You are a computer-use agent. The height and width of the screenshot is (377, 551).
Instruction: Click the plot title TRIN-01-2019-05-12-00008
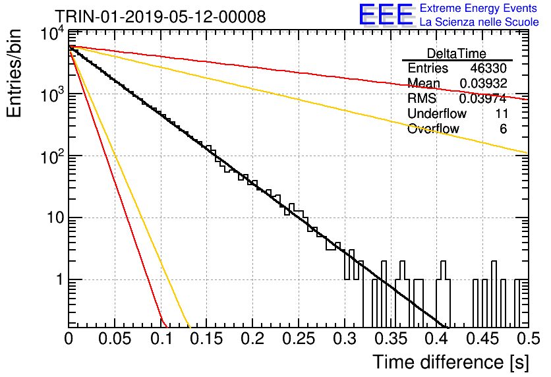(x=160, y=16)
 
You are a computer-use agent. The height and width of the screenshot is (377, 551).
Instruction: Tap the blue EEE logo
(x=386, y=14)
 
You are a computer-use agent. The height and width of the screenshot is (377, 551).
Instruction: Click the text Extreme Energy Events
(x=478, y=8)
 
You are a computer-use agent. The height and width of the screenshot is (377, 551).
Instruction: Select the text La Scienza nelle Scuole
(x=479, y=22)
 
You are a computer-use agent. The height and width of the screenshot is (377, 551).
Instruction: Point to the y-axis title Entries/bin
(x=14, y=73)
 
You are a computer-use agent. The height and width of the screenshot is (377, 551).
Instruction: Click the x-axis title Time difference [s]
(x=451, y=362)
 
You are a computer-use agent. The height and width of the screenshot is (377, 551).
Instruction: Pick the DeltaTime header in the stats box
(x=457, y=53)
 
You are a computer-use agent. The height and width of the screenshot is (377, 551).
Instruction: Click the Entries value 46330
(x=488, y=68)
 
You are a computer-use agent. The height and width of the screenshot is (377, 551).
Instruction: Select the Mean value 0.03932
(x=483, y=83)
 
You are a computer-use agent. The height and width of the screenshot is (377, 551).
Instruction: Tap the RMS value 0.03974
(x=483, y=98)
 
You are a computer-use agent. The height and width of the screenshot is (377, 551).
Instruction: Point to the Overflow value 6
(x=503, y=129)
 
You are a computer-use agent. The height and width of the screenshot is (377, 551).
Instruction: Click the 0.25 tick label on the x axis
(x=299, y=339)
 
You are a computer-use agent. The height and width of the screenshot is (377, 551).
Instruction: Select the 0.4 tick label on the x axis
(x=437, y=339)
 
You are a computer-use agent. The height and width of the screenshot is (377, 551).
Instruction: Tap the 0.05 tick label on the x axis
(x=115, y=339)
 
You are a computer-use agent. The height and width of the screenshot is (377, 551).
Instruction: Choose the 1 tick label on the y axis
(x=59, y=279)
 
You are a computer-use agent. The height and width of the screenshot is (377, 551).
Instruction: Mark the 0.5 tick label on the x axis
(x=529, y=339)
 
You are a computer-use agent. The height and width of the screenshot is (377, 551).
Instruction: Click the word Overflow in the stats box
(x=433, y=129)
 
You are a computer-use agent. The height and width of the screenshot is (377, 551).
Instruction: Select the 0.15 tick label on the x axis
(x=207, y=339)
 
